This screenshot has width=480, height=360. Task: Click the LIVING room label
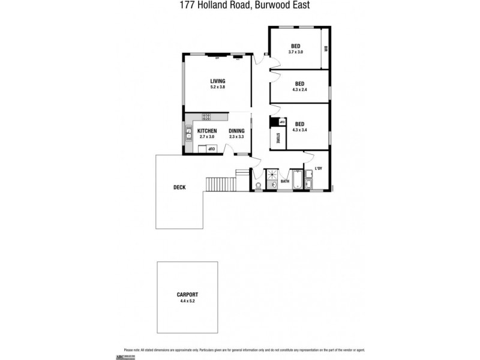(217, 81)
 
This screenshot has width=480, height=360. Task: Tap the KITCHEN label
(207, 131)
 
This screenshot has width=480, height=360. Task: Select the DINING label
(236, 131)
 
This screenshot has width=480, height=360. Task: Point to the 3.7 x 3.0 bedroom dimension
(296, 52)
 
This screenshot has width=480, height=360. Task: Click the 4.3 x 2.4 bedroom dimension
(299, 90)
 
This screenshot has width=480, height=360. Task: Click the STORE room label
(277, 139)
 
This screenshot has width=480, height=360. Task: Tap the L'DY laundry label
(318, 168)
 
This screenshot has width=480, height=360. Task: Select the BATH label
(286, 181)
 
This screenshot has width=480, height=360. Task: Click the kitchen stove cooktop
(206, 116)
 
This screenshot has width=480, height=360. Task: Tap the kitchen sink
(188, 133)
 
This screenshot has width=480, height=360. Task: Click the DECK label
(179, 187)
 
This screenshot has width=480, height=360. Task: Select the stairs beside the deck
(221, 183)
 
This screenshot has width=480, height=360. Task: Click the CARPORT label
(188, 295)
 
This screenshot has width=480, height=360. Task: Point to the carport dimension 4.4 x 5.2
(188, 301)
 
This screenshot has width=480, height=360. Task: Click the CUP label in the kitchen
(211, 148)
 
